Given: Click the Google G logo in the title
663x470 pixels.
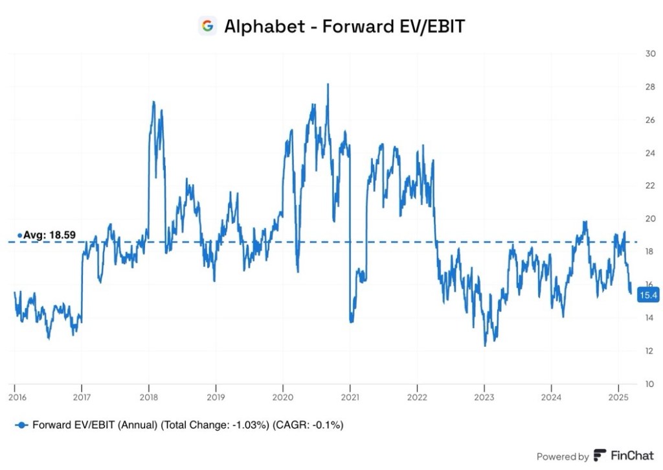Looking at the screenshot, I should click(x=207, y=26).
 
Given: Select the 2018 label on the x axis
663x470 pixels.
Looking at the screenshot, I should click(x=149, y=395).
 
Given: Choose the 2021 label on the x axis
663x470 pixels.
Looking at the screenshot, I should click(x=350, y=395).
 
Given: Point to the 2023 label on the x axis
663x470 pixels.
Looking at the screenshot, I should click(x=484, y=395).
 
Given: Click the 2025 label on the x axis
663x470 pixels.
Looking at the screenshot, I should click(x=618, y=395).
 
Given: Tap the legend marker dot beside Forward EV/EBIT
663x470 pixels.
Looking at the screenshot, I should click(x=21, y=425).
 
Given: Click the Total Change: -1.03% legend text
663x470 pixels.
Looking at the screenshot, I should click(x=206, y=425).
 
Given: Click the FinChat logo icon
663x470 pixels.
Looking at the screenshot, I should click(x=600, y=456).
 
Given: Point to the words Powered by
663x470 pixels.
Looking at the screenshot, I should click(x=562, y=456).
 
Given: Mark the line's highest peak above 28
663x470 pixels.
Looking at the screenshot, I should click(x=328, y=84).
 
